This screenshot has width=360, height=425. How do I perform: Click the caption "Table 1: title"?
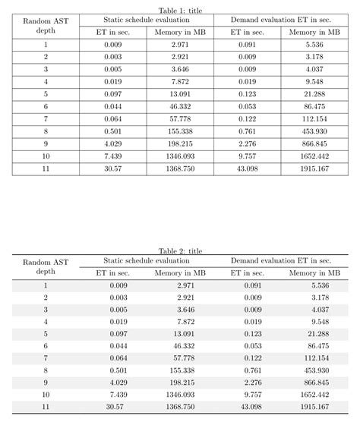180,9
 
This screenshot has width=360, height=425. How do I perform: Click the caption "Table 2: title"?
180,250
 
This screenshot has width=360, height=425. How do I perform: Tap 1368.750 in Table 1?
179,167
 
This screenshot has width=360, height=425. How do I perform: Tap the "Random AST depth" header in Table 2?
46,266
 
